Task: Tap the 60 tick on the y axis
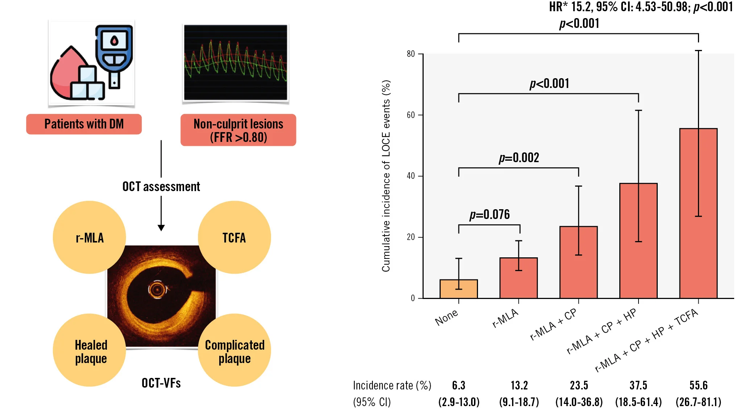click(x=411, y=115)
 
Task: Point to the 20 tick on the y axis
click(x=411, y=237)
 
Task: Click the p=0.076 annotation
click(x=490, y=215)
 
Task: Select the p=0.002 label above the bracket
click(x=519, y=158)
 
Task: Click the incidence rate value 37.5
click(x=638, y=385)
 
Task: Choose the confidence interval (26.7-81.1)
click(x=698, y=402)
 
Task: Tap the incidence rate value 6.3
click(x=458, y=385)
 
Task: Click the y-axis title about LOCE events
click(x=386, y=176)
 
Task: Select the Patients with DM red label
click(x=84, y=124)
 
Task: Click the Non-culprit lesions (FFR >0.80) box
click(x=238, y=130)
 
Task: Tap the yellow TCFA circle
click(x=234, y=237)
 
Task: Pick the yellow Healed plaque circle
click(x=90, y=350)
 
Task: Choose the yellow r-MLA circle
click(x=90, y=237)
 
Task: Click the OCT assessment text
click(x=161, y=187)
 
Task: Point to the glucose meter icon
click(x=114, y=54)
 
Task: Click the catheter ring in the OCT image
click(x=157, y=290)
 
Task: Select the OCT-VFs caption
click(x=161, y=383)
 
